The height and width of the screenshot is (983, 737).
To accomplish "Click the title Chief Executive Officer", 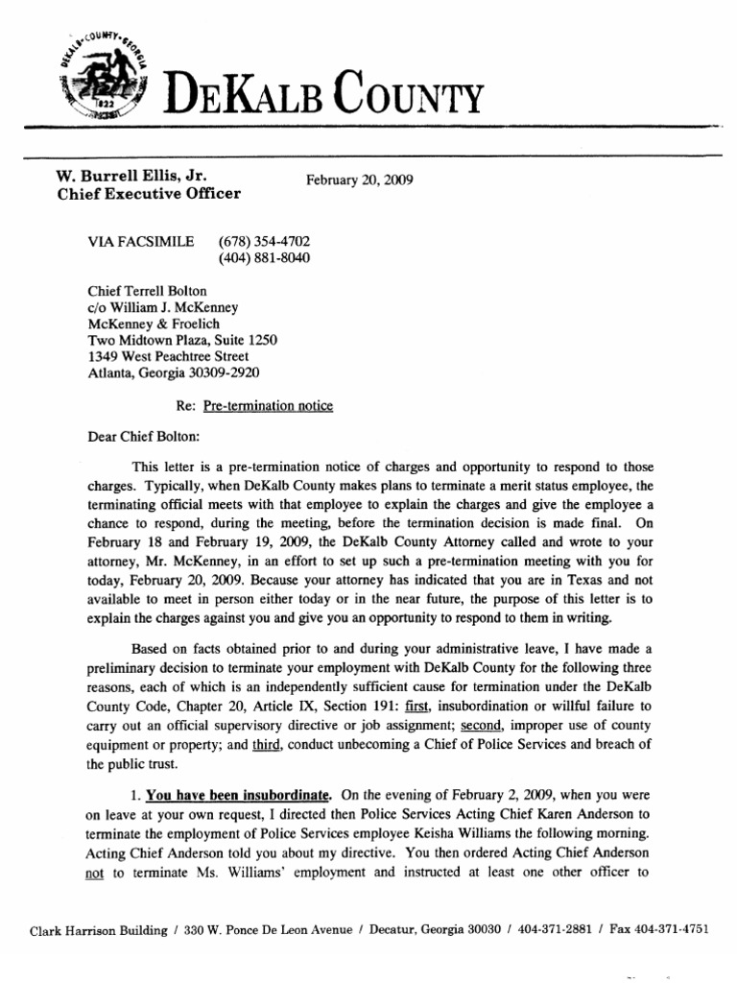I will coord(149,193).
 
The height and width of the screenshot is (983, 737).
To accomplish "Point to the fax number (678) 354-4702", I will coord(264,241).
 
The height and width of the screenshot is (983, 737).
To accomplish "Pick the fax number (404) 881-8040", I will coord(264,257).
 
